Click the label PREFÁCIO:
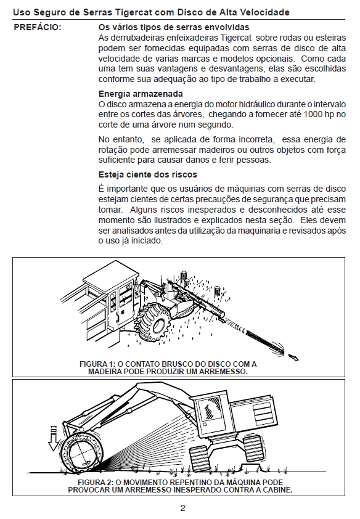38,28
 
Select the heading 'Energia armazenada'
141,94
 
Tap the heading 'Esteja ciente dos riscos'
147,174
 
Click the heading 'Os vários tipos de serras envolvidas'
174,28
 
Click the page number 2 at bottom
182,508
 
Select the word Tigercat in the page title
134,12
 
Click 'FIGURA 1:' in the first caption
97,364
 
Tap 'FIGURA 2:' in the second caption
96,482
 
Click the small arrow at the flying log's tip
293,357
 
